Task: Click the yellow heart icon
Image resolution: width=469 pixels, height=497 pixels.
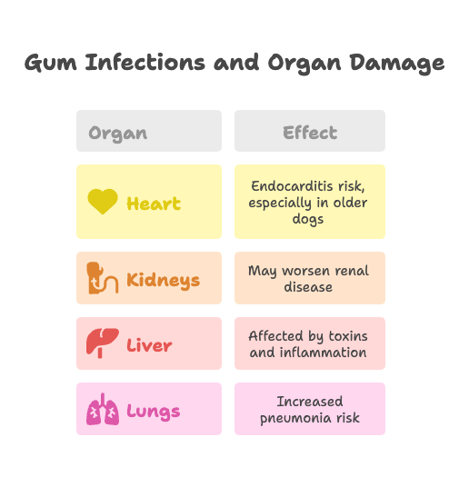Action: tap(103, 202)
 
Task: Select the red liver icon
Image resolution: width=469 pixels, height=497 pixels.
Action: tap(103, 343)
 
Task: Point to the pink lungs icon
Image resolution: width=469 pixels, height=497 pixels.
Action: tap(103, 409)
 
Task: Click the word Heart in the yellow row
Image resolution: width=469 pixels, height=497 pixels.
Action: tap(154, 204)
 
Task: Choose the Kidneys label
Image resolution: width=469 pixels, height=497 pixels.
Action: tap(164, 281)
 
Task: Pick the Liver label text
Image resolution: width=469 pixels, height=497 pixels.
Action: tap(149, 345)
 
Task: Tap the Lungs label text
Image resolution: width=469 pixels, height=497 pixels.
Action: tap(154, 412)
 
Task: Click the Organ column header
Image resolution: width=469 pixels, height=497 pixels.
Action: tap(117, 134)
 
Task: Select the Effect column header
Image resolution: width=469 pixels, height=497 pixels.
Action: tap(310, 133)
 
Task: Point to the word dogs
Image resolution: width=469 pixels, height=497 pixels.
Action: tap(308, 219)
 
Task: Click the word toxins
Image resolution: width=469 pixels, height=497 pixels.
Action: tap(348, 336)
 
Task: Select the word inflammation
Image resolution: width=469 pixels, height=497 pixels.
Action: tap(324, 353)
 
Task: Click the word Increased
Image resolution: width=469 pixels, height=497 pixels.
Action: tap(310, 402)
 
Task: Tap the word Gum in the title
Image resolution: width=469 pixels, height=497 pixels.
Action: tap(51, 63)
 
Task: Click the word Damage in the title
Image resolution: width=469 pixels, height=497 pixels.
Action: tap(397, 63)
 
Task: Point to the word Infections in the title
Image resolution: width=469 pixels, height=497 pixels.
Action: tap(145, 62)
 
